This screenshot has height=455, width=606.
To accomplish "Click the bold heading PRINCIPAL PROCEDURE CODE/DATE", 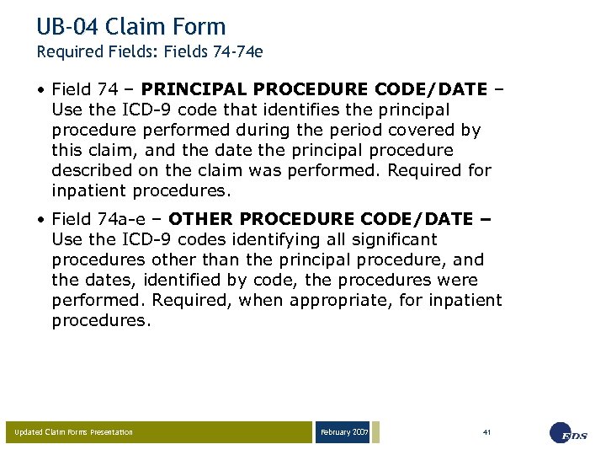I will coord(314,89).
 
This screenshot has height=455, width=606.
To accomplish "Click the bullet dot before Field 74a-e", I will coord(41,219).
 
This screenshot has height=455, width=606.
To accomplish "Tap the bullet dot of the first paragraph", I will coord(41,89).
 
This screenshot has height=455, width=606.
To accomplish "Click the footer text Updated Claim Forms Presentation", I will coord(74,432).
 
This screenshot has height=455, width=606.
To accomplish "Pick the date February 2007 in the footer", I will coord(343,432).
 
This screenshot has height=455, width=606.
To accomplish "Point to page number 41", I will coord(486,431).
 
